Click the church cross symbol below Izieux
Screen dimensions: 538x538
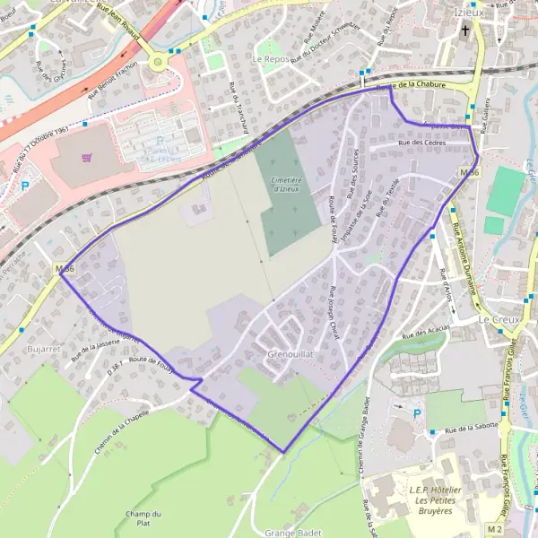465,32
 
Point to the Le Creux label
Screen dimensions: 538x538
494,319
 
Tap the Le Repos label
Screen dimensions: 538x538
268,58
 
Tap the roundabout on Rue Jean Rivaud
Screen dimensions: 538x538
159,62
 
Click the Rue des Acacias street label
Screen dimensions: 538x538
426,333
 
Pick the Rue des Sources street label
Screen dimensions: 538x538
355,169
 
